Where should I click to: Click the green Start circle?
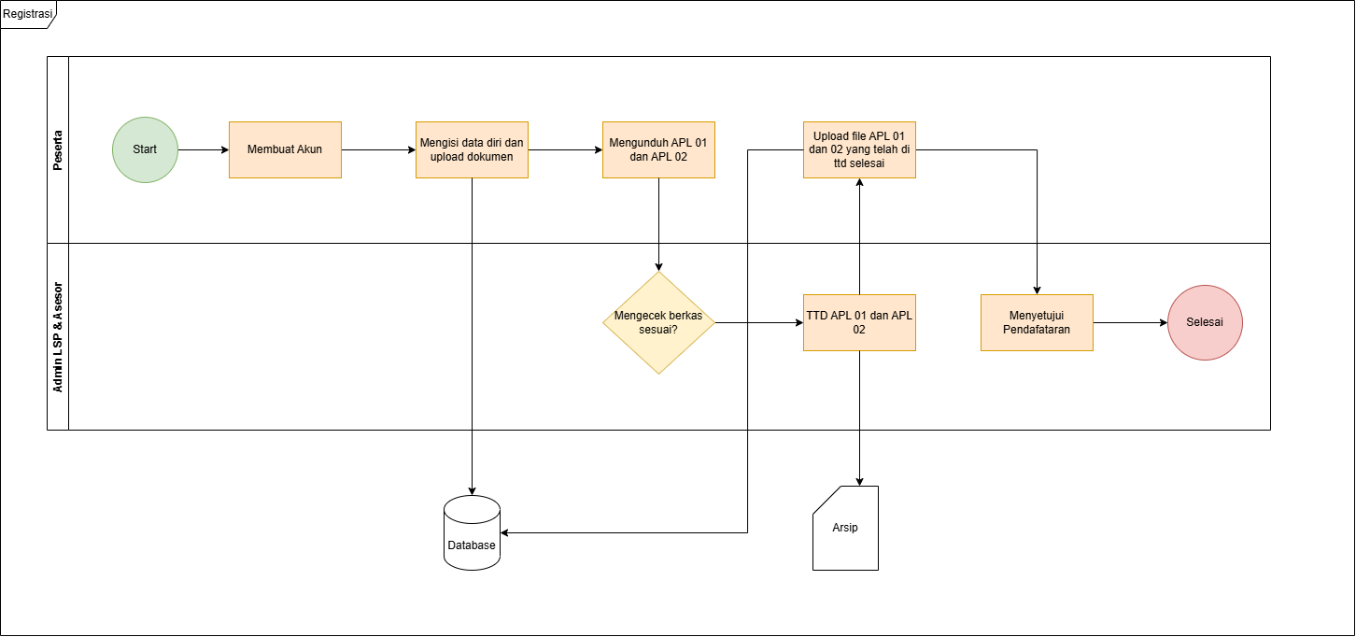(x=146, y=149)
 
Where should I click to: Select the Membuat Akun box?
(x=285, y=149)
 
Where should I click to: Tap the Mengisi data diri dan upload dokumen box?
(x=473, y=149)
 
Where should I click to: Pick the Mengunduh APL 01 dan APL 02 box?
(x=658, y=149)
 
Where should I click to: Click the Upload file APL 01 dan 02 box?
(x=859, y=149)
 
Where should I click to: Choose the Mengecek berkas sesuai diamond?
(x=658, y=323)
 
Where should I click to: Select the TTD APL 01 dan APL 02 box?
(x=859, y=323)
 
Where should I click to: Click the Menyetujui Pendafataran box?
(x=1037, y=323)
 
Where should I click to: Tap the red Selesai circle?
(x=1206, y=323)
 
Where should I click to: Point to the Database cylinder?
(x=473, y=532)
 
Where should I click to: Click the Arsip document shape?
(x=846, y=528)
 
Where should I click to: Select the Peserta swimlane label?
(x=58, y=150)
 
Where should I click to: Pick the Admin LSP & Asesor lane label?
(x=58, y=337)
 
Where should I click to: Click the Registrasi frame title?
(x=27, y=13)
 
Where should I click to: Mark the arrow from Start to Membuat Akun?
(x=204, y=149)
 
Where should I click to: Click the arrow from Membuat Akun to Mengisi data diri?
(x=378, y=149)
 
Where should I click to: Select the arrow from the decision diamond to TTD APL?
(x=759, y=323)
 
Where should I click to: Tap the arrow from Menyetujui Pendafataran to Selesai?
(x=1130, y=323)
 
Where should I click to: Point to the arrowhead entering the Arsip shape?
(x=859, y=482)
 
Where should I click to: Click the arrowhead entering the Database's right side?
(x=504, y=532)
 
